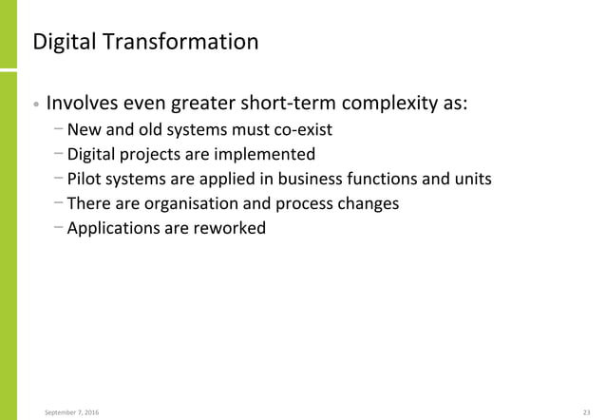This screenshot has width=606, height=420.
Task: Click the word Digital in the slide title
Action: (63, 43)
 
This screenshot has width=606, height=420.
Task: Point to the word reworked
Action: (230, 228)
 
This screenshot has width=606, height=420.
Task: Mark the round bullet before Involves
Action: (35, 104)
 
